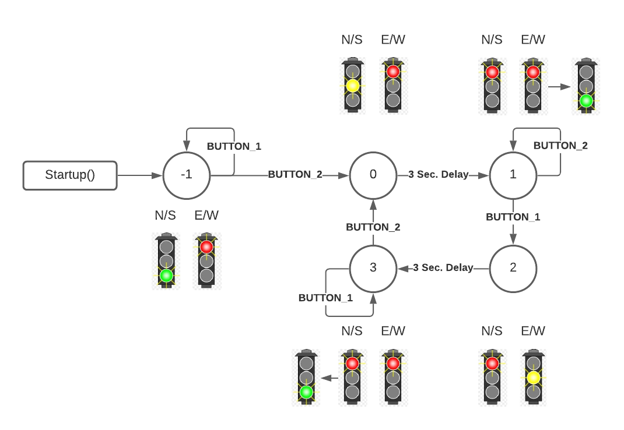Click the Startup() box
click(x=70, y=175)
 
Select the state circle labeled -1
click(x=187, y=175)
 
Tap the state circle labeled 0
click(x=373, y=175)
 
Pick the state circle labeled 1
click(x=513, y=175)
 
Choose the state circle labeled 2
click(x=513, y=268)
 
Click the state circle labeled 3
click(x=373, y=268)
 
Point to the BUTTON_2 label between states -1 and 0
click(x=295, y=175)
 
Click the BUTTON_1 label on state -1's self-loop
click(x=234, y=146)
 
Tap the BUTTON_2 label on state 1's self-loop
click(x=560, y=146)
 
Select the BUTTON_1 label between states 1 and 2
click(x=513, y=217)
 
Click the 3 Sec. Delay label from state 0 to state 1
click(x=438, y=175)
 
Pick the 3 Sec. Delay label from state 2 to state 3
click(x=443, y=268)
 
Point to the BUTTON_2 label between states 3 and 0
click(x=373, y=227)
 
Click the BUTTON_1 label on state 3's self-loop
click(x=325, y=298)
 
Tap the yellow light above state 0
click(x=352, y=86)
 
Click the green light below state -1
click(x=166, y=276)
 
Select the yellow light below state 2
click(x=533, y=378)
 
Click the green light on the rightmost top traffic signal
click(x=586, y=101)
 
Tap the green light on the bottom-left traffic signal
click(x=306, y=392)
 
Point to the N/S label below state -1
click(x=165, y=216)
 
